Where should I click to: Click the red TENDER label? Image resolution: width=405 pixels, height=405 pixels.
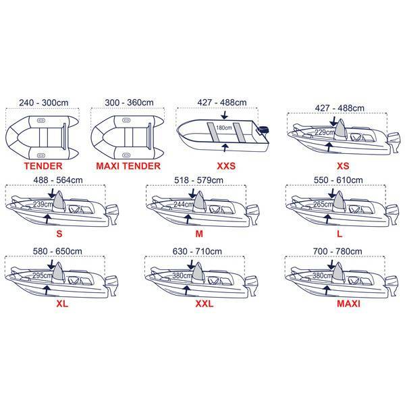point(43,166)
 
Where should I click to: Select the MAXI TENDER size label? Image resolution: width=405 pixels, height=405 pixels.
point(128,166)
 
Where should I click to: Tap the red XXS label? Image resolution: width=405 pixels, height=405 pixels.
point(226,166)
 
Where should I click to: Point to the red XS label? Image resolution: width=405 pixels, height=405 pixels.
point(343,166)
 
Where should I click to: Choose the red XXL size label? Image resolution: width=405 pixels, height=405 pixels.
point(205,304)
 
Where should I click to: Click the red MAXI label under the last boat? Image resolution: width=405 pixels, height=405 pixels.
point(348,304)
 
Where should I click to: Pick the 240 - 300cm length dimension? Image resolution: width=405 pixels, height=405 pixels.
point(44,103)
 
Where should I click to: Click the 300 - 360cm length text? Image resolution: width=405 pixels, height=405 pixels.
point(129,103)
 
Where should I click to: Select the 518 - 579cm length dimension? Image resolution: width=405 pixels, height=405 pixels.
point(198,180)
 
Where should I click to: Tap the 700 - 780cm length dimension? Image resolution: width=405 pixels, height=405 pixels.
point(337,251)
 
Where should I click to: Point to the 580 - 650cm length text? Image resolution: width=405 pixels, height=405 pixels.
point(57,251)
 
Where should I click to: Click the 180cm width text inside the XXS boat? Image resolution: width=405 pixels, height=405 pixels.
point(224,128)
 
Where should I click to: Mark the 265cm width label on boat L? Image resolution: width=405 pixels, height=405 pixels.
point(322,205)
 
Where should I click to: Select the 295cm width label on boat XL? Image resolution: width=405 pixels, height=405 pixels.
point(42,275)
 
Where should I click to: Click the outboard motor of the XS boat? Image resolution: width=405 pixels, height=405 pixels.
point(394,142)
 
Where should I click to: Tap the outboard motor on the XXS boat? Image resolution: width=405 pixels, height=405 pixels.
point(263,131)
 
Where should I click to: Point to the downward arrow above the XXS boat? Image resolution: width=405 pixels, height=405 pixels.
point(225,115)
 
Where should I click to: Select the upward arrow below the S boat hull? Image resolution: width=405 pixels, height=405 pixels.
point(47,219)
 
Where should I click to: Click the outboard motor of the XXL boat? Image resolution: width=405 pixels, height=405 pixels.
point(251,286)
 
